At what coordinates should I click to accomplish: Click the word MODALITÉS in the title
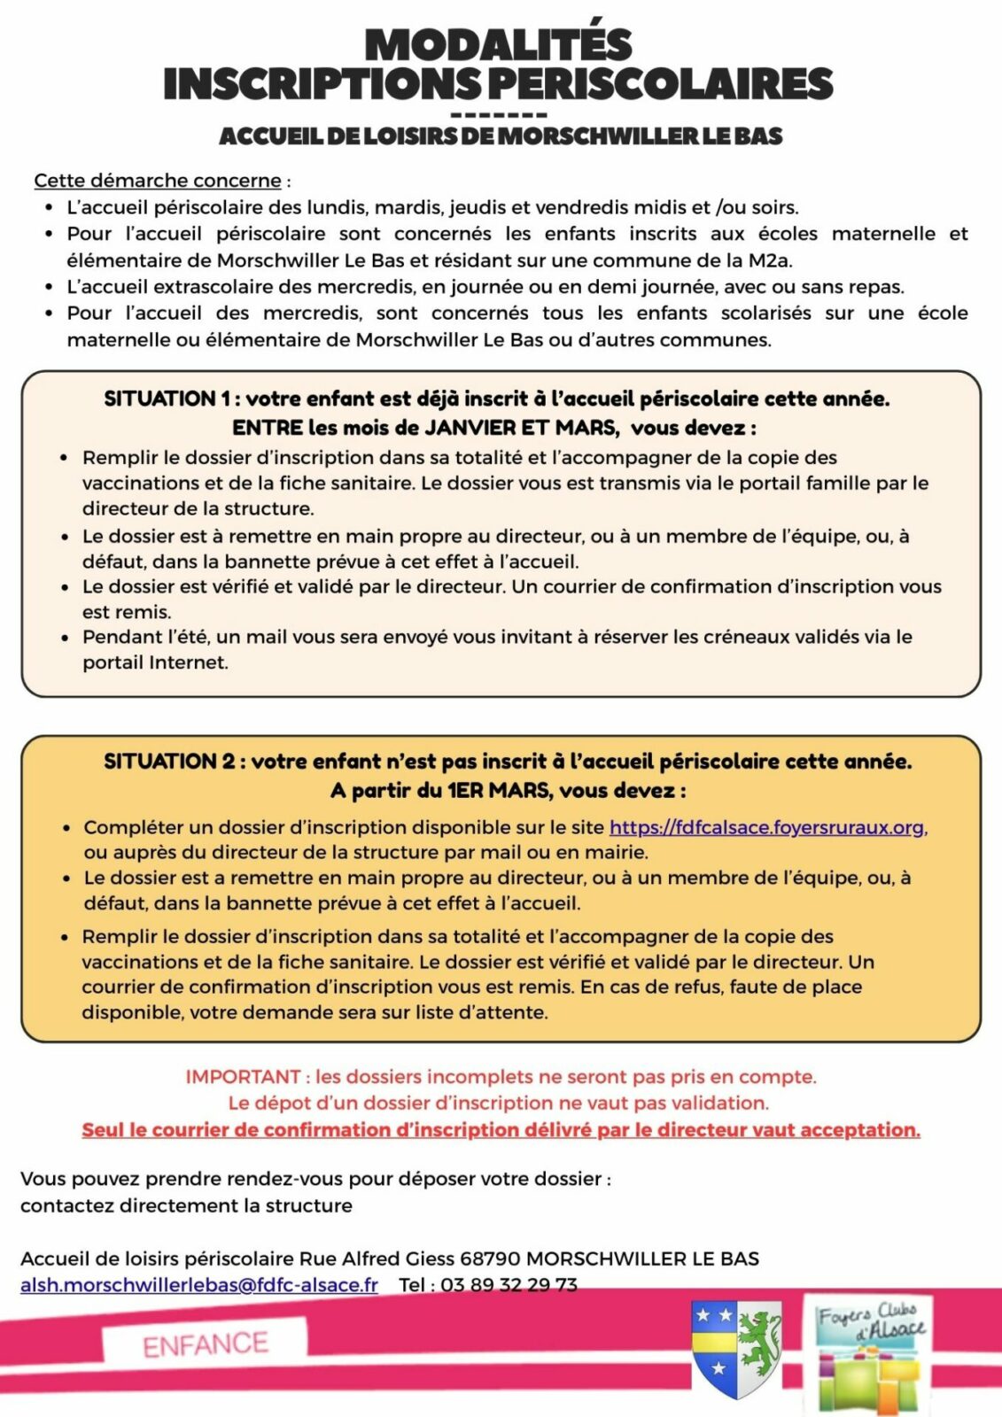pos(499,45)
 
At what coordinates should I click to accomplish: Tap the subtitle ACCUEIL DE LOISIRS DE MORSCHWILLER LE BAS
pos(501,136)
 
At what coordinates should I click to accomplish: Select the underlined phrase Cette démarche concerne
pos(158,181)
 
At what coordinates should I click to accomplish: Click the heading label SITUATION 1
pos(165,399)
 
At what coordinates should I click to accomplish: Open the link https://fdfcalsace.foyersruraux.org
pos(767,827)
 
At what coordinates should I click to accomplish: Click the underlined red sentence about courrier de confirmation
pos(501,1130)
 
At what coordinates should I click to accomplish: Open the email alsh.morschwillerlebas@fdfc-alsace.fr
pos(199,1284)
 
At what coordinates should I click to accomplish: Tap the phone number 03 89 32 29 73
pos(509,1284)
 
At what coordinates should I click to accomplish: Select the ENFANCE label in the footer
pos(206,1344)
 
